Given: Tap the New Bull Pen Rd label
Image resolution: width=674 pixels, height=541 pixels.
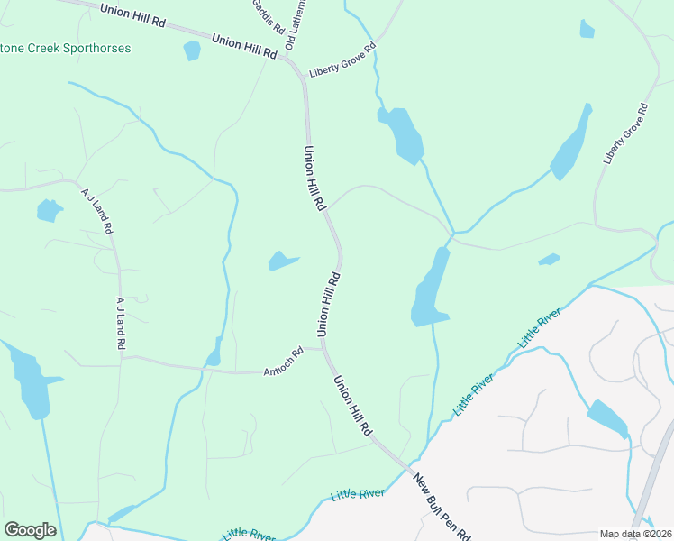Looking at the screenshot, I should point(442,508).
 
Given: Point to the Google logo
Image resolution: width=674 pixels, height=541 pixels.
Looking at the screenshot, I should point(30,530).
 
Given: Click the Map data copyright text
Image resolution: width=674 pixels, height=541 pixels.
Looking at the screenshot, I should point(635,534).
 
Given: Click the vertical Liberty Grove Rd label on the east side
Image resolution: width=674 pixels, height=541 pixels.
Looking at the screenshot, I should point(626,133).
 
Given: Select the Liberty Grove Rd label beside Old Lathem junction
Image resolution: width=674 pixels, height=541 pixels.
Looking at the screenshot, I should point(342,60).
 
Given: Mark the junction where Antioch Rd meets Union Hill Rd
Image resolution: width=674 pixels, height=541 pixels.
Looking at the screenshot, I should point(322,349).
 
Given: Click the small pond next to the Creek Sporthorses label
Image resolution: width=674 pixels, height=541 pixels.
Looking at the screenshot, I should point(192,50).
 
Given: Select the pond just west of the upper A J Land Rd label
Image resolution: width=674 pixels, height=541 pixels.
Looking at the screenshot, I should point(49,211).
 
